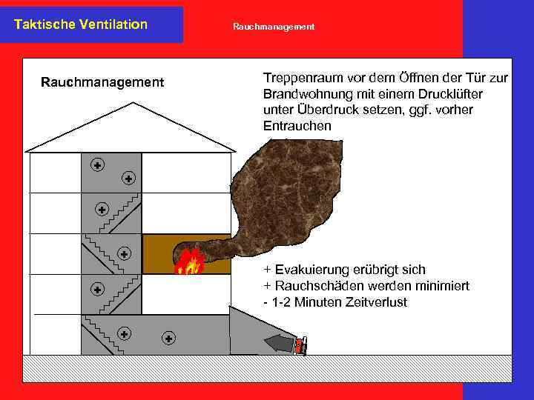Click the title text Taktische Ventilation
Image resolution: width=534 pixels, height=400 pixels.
pyautogui.click(x=81, y=24)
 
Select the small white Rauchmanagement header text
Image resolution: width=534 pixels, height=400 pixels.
pyautogui.click(x=274, y=27)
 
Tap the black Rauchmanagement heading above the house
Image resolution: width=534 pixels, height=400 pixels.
pyautogui.click(x=102, y=82)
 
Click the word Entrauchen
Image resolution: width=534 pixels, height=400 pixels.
pyautogui.click(x=297, y=127)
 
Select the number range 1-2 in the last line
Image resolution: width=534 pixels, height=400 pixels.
pyautogui.click(x=285, y=302)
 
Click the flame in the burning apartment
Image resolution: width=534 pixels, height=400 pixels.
pyautogui.click(x=189, y=261)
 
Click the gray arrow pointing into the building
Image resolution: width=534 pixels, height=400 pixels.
pyautogui.click(x=278, y=343)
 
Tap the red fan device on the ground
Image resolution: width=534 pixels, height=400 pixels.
pyautogui.click(x=300, y=346)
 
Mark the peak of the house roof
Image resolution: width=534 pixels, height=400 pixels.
pyautogui.click(x=131, y=104)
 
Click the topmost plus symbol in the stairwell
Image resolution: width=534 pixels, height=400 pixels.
pyautogui.click(x=97, y=164)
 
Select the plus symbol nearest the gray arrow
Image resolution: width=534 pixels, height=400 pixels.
pyautogui.click(x=169, y=338)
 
